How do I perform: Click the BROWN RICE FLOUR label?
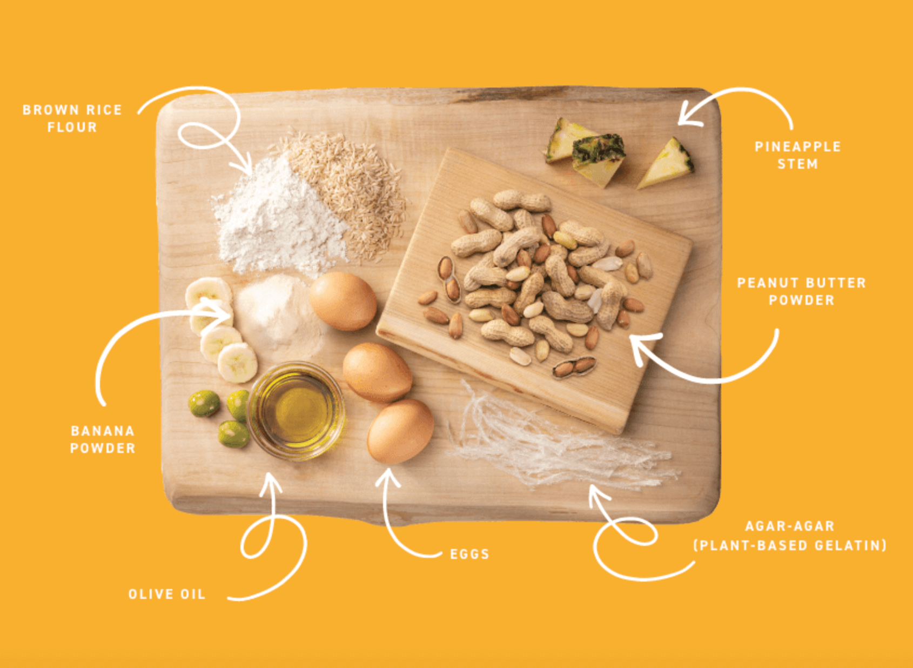72,118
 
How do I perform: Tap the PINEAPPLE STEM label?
797,155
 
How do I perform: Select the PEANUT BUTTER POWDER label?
801,291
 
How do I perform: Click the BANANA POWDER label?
103,439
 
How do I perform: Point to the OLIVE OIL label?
167,594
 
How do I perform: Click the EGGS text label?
469,554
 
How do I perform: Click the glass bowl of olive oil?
296,411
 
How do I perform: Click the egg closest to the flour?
343,301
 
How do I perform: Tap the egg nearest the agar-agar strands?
400,431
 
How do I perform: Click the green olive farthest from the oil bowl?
204,403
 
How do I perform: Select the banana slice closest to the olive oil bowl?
237,363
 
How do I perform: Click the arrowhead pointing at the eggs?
387,477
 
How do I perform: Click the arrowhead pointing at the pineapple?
689,114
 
